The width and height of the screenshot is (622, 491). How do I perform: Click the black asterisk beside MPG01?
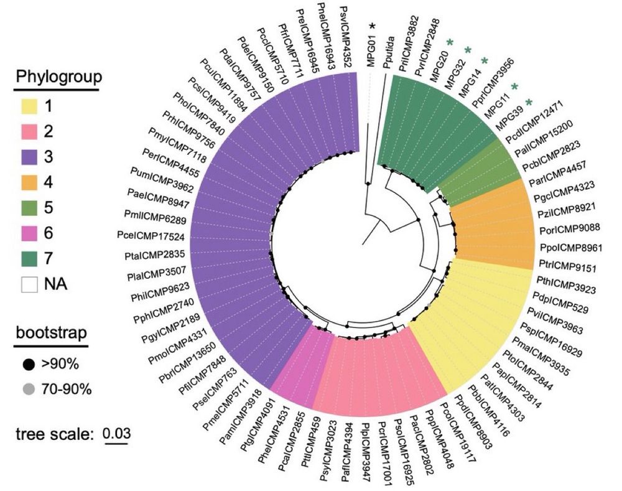coord(373,26)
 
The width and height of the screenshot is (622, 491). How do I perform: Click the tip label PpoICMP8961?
coord(569,247)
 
